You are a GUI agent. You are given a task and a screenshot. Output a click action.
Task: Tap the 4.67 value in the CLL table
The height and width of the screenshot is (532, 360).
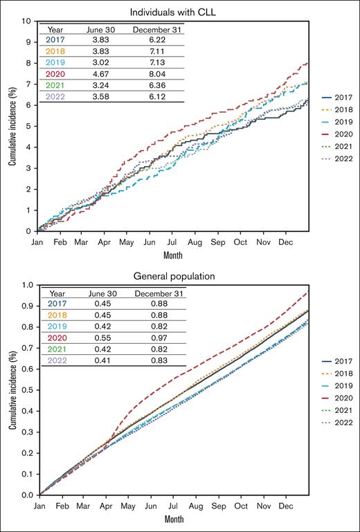[x=101, y=74]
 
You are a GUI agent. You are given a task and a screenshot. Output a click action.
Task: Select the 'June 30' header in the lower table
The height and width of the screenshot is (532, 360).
[x=101, y=293]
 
